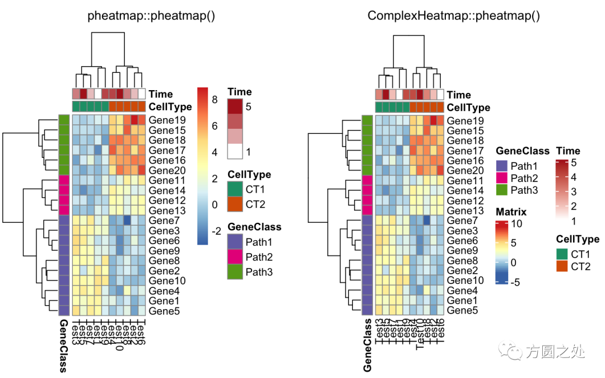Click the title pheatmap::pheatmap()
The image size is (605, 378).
[151, 16]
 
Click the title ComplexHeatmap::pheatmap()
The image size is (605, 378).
[453, 16]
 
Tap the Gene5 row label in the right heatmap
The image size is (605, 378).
[462, 310]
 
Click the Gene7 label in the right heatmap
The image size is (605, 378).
[462, 221]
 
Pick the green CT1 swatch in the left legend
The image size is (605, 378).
[235, 190]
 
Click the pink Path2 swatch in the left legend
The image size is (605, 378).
[235, 257]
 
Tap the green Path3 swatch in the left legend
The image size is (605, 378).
[235, 272]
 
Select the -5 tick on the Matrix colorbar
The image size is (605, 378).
[516, 282]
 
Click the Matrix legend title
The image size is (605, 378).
[511, 212]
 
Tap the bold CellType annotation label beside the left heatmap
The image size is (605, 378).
[170, 106]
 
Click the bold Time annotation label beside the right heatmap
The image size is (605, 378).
[459, 95]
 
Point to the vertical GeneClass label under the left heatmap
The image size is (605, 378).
[63, 346]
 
